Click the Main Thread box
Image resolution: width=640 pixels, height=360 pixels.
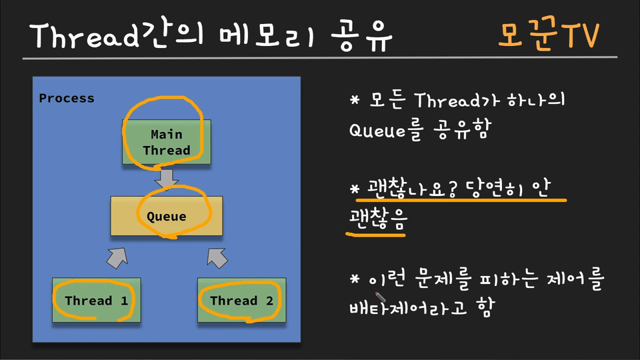click(x=167, y=142)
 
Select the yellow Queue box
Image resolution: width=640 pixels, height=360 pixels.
click(x=167, y=216)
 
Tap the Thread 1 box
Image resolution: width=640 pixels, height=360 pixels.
click(x=96, y=300)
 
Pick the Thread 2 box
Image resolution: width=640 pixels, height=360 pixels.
click(x=241, y=300)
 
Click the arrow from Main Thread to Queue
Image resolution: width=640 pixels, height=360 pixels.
click(x=167, y=179)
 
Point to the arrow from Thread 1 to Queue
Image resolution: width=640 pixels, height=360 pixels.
click(x=117, y=258)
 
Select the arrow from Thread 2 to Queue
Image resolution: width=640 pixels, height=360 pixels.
click(x=217, y=258)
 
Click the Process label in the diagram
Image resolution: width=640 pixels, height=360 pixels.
click(x=67, y=99)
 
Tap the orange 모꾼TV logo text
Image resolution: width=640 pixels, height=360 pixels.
click(x=549, y=35)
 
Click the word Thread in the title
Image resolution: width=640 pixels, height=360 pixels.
click(x=84, y=35)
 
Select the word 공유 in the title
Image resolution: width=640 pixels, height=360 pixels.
click(x=361, y=36)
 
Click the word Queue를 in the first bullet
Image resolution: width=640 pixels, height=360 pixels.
click(x=385, y=131)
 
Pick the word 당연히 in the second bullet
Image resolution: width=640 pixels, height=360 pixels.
click(x=493, y=189)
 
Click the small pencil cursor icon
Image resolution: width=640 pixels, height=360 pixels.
click(x=381, y=297)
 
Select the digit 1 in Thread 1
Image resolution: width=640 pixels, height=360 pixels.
click(x=125, y=301)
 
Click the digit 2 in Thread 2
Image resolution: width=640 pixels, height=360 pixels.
click(x=269, y=301)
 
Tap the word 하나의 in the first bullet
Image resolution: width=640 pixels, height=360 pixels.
click(x=536, y=100)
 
